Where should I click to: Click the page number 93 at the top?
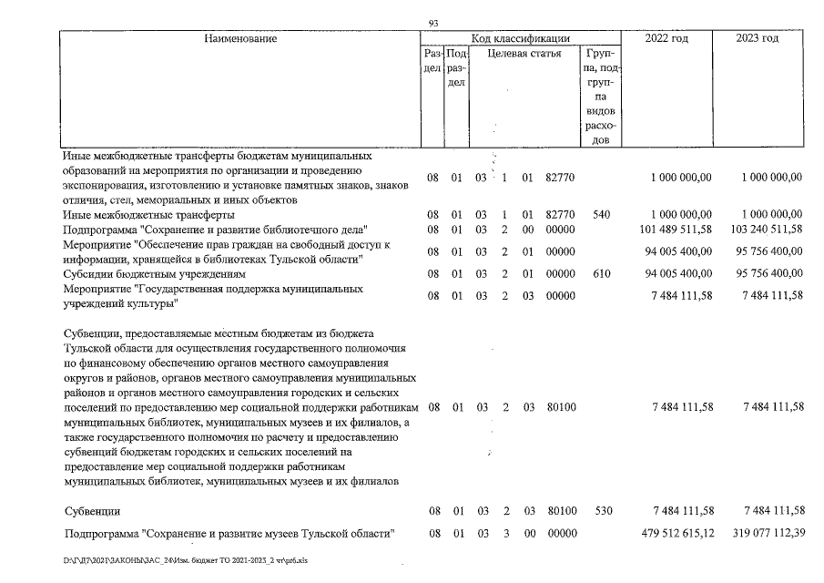[x=432, y=23]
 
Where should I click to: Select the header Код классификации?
[x=520, y=39]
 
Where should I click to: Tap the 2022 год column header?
[x=666, y=39]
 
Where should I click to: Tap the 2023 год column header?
[x=758, y=39]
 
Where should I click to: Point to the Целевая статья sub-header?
[x=524, y=56]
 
